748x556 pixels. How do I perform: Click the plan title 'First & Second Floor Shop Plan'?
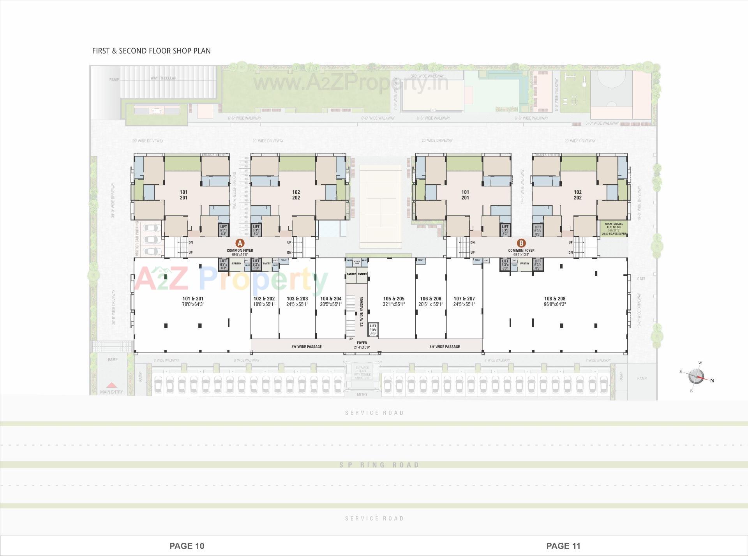(x=151, y=51)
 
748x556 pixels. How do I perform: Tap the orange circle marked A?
(x=240, y=243)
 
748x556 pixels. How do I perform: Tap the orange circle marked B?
(x=521, y=243)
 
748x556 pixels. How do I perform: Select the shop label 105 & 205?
(x=393, y=299)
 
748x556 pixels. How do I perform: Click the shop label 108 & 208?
(x=555, y=299)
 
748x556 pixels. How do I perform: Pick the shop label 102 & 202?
(x=264, y=299)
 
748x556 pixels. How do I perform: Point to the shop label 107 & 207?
(x=464, y=299)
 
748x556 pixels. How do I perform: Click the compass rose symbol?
(x=696, y=377)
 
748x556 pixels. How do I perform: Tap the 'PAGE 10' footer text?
(x=187, y=546)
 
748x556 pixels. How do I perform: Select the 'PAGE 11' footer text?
(x=563, y=546)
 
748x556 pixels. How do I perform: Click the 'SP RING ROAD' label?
(x=379, y=465)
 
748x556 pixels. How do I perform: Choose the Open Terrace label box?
(x=614, y=229)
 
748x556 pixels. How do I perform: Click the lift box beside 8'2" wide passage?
(x=373, y=330)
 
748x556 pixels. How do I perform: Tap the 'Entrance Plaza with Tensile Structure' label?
(x=362, y=372)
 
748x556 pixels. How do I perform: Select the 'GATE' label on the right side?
(x=641, y=279)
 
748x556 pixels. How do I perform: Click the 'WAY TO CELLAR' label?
(x=163, y=78)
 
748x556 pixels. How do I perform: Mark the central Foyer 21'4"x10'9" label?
(x=362, y=345)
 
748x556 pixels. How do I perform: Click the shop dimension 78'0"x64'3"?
(x=193, y=304)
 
